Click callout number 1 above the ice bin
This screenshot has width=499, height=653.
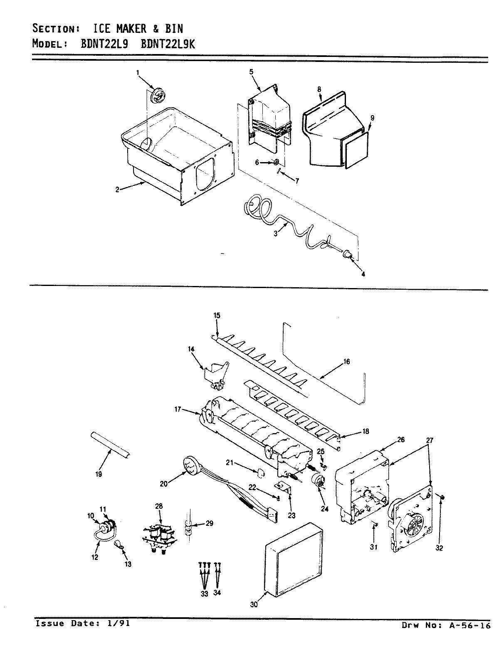point(138,73)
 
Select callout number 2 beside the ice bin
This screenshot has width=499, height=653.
point(118,190)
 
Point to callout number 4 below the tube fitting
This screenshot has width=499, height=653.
point(363,274)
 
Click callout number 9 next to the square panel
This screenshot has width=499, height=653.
point(372,118)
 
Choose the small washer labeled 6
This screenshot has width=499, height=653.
point(276,162)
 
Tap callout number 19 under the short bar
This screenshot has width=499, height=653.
point(98,473)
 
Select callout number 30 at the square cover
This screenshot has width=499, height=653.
point(254,605)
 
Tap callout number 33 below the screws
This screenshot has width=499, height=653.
point(204,594)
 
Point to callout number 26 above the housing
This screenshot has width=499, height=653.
point(401,440)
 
